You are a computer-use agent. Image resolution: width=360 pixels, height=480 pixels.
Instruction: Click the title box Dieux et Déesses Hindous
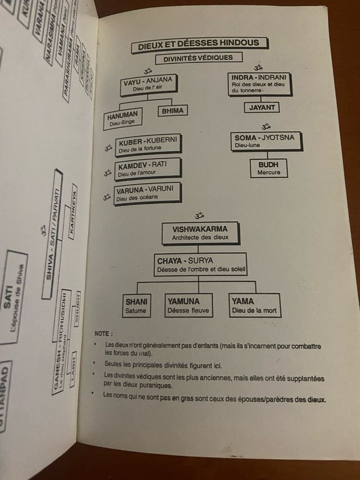click(199, 43)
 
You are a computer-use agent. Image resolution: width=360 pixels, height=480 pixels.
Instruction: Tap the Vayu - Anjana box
click(148, 84)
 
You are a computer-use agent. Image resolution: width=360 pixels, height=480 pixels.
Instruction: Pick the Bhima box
click(173, 111)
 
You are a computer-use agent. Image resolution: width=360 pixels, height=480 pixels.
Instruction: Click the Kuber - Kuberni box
click(148, 145)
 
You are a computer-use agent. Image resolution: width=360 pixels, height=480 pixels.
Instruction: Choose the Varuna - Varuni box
click(147, 193)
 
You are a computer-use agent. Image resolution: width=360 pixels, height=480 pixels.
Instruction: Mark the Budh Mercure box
click(268, 168)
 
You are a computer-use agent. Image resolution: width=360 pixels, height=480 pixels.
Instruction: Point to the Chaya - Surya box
click(201, 264)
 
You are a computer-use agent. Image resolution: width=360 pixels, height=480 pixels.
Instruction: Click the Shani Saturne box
click(137, 305)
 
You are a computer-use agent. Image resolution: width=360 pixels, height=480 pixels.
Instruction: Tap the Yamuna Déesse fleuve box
click(188, 305)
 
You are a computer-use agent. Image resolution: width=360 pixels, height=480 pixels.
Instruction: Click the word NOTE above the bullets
click(105, 334)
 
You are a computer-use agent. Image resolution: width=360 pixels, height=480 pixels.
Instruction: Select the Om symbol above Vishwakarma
click(198, 215)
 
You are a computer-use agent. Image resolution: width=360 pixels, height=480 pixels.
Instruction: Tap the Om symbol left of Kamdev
click(106, 173)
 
